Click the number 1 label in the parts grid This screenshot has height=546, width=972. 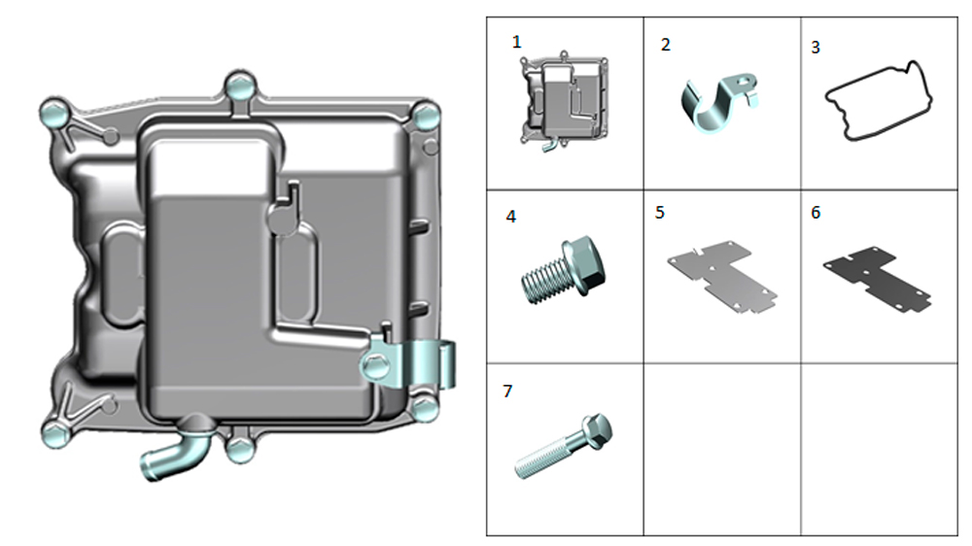click(x=517, y=42)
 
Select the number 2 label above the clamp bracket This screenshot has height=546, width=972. click(x=665, y=45)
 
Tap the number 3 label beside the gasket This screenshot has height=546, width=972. click(x=816, y=47)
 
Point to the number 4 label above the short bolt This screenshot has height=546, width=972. click(x=511, y=217)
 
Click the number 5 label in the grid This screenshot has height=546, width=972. click(x=660, y=212)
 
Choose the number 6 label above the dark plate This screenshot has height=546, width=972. click(x=816, y=212)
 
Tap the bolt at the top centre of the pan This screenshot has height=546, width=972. click(x=239, y=87)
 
